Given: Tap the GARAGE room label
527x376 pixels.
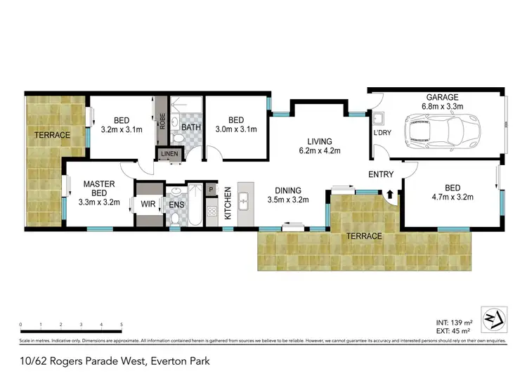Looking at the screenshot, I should click(x=440, y=97).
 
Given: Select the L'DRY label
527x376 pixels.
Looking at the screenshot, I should click(x=382, y=133).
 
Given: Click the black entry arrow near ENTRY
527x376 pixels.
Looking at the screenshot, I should click(x=390, y=195).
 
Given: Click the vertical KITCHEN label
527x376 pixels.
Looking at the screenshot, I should click(x=228, y=203).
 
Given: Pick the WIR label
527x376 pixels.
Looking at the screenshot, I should click(x=148, y=205).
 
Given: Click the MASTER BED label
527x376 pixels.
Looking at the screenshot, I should click(x=98, y=188).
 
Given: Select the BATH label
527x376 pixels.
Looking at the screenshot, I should click(x=191, y=128).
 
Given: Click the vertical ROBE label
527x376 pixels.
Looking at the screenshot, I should click(x=162, y=123).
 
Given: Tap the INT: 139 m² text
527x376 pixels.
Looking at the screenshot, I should click(x=454, y=321).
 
